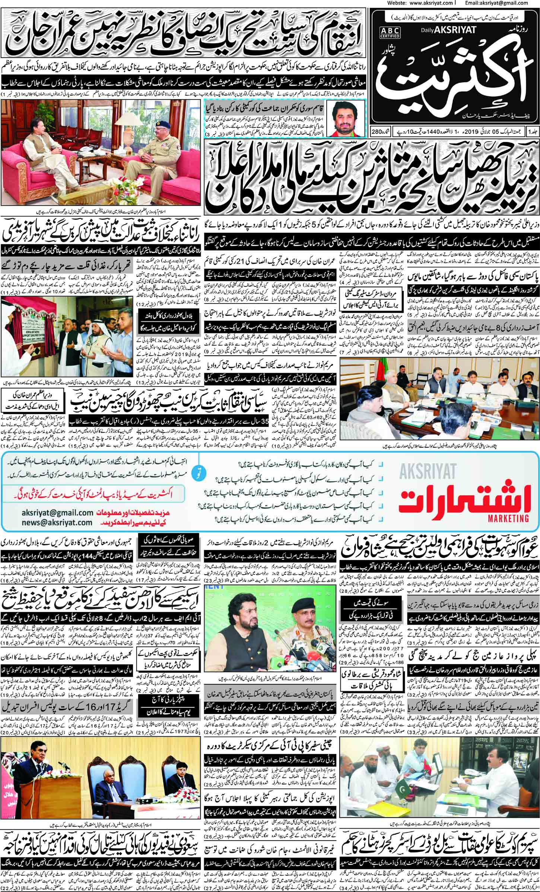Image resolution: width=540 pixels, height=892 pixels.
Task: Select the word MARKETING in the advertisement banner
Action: click(x=511, y=517)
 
